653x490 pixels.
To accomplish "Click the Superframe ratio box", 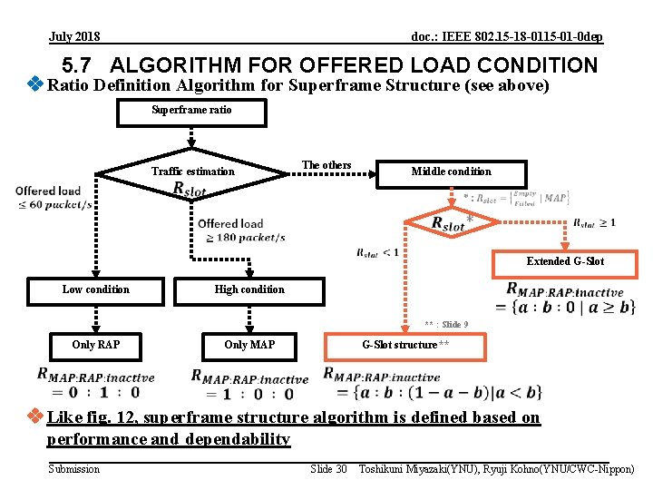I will click(191, 111).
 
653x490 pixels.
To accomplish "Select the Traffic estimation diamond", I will click(192, 171).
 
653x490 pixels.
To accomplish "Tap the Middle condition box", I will click(451, 171).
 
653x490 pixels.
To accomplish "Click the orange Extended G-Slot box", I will click(565, 261).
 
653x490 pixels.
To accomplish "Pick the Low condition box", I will click(95, 289).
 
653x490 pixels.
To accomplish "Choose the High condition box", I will click(249, 289).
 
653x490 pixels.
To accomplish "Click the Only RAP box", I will click(95, 345).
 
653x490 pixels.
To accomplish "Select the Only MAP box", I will click(249, 345).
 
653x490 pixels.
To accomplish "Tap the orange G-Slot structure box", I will click(405, 345).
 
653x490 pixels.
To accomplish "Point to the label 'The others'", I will click(326, 165).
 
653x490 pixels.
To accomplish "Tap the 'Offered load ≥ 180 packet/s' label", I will click(240, 230).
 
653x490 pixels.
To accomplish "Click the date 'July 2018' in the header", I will click(74, 37).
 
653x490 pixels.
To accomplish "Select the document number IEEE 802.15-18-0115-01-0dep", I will click(506, 37).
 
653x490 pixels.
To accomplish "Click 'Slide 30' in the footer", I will click(328, 469).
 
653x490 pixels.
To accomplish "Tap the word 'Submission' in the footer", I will click(74, 469).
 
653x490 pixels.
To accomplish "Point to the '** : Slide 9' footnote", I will click(446, 325).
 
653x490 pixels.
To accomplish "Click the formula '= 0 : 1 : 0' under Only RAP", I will click(95, 393).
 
